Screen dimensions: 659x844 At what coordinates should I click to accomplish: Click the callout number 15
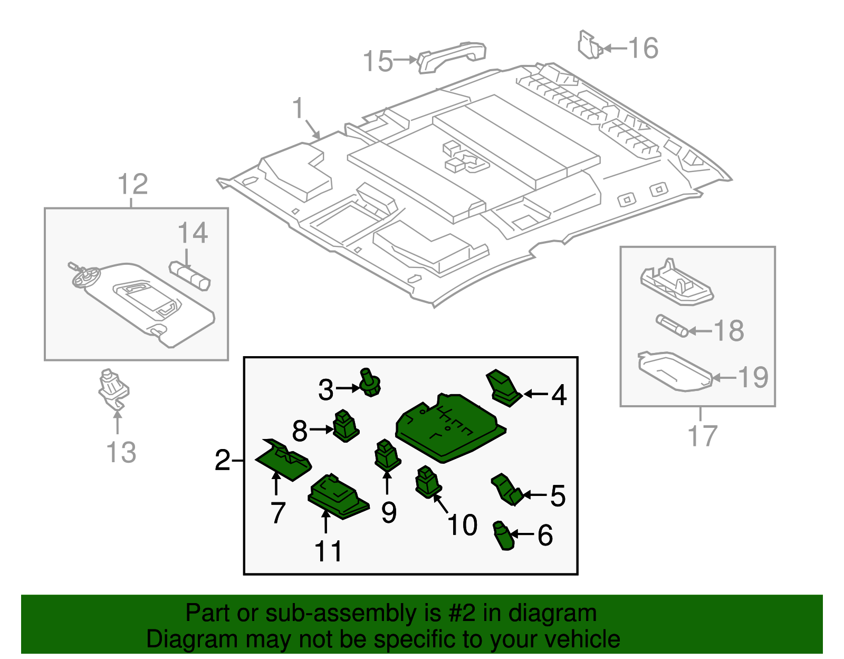coord(378,61)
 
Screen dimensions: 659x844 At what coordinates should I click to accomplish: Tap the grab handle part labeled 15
coord(452,56)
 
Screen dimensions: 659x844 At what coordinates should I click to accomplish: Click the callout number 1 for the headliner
coord(298,108)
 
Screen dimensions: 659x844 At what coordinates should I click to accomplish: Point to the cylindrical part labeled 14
coord(190,275)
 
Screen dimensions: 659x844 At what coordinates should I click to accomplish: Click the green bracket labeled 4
coord(504,388)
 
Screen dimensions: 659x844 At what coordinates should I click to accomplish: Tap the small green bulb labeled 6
coord(503,536)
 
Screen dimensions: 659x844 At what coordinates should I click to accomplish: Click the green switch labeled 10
coord(428,482)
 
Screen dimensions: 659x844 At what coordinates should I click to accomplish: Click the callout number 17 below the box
coord(702,436)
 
